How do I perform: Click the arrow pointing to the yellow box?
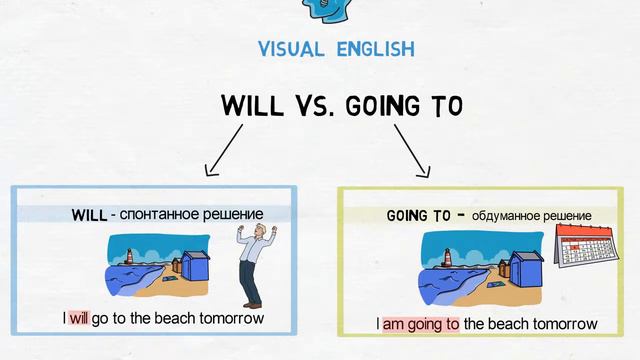(412, 150)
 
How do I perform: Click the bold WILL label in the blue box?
(89, 215)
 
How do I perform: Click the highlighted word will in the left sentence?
(79, 319)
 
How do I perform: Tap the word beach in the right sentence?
(511, 324)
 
